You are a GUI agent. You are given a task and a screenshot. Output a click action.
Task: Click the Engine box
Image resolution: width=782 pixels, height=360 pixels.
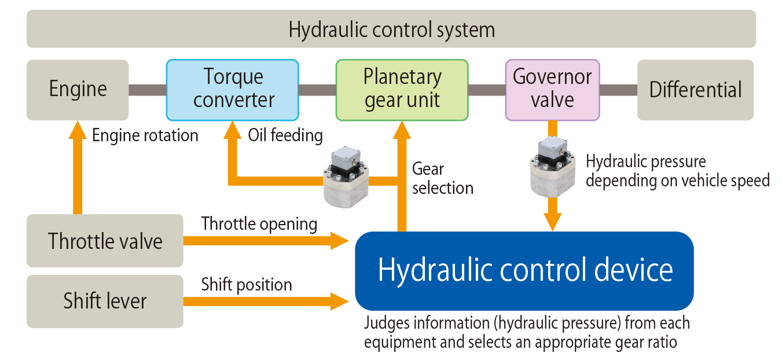point(78,90)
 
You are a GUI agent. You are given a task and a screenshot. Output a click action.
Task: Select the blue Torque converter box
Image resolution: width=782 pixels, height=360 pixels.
point(233,90)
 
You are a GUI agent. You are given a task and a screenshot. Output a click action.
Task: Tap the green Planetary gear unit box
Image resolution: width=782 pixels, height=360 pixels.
point(402,90)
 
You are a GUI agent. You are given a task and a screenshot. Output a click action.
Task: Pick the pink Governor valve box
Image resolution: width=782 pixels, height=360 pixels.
point(552,90)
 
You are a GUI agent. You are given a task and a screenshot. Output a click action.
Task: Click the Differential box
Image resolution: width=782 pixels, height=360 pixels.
point(695,90)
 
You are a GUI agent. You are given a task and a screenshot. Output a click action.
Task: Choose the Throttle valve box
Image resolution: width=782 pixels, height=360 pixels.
point(105,241)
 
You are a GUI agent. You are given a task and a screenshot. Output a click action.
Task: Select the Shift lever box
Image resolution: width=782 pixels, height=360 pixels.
point(105,302)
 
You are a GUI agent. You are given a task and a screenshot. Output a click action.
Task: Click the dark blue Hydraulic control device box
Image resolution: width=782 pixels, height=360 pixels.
point(524,271)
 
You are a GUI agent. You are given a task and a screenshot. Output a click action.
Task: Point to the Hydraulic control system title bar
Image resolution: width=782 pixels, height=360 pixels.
point(391,29)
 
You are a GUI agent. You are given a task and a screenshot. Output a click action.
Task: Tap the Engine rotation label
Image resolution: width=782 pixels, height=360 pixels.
point(145,135)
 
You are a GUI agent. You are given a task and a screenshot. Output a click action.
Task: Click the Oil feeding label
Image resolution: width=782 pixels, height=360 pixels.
point(285,135)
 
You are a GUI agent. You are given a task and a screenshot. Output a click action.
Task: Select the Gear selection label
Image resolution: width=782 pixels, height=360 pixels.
point(442,178)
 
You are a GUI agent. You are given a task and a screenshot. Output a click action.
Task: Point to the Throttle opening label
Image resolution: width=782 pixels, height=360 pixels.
point(259,224)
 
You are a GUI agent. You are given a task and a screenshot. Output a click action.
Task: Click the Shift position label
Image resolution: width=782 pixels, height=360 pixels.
point(247,285)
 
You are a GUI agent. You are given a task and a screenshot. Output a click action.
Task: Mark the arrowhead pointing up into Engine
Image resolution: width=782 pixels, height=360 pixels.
point(78,130)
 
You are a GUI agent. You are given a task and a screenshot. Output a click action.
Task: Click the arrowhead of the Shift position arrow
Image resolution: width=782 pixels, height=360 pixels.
point(342,301)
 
